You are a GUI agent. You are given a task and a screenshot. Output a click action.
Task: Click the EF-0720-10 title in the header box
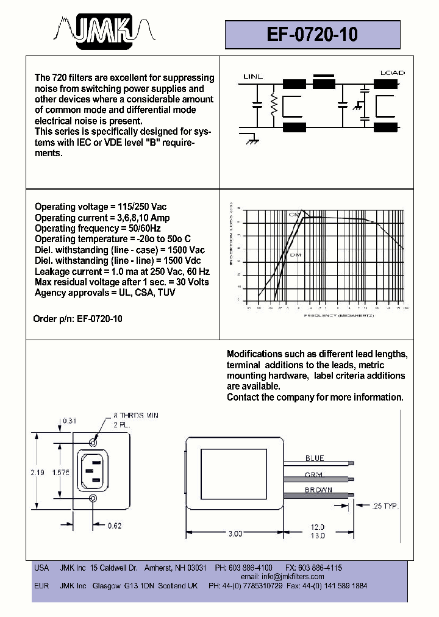tap(312, 35)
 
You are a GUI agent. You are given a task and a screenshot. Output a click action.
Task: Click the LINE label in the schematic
tap(253, 77)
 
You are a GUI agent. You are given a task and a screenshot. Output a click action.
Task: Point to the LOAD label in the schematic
tap(392, 73)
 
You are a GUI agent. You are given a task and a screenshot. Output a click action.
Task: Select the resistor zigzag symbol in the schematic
tap(274, 106)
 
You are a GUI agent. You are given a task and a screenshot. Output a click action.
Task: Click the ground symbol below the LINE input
tap(250, 140)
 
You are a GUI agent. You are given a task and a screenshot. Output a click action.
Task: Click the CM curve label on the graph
tap(293, 215)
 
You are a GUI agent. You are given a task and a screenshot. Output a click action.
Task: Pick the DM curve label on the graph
tap(295, 254)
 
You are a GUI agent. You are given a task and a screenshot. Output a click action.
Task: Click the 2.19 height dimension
tap(38, 473)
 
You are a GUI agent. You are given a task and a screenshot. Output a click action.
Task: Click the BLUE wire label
tap(315, 458)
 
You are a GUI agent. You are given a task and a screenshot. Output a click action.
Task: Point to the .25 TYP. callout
tap(383, 506)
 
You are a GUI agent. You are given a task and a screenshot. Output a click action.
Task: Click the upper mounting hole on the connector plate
tap(93, 443)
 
